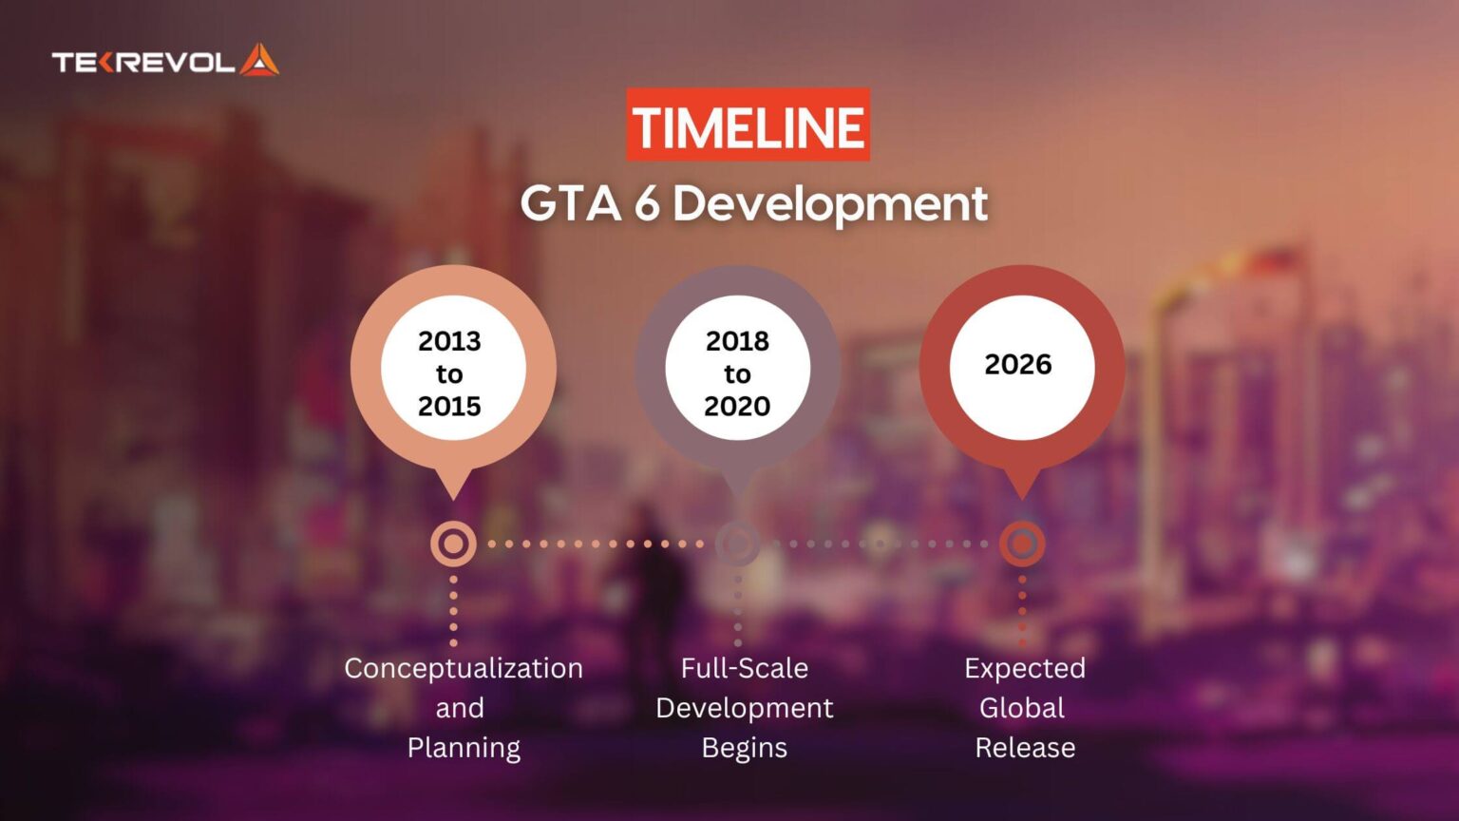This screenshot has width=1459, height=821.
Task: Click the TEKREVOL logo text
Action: click(x=142, y=63)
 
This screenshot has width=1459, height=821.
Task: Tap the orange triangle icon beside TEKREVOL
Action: click(x=259, y=60)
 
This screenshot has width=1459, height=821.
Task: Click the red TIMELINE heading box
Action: click(x=748, y=125)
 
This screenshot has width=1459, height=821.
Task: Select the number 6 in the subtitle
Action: click(x=647, y=203)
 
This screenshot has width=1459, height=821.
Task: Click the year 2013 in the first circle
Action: click(x=449, y=340)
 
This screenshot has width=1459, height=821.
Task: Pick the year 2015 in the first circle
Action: click(x=449, y=406)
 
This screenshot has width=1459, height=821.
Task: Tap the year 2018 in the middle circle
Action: click(x=737, y=340)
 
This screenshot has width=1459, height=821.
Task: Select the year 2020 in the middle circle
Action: click(x=737, y=406)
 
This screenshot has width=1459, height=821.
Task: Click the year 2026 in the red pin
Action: click(x=1018, y=364)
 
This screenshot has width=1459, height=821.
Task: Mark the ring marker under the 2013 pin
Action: click(x=453, y=544)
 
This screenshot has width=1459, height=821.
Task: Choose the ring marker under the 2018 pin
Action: click(x=737, y=544)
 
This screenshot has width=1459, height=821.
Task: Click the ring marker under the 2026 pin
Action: click(x=1022, y=544)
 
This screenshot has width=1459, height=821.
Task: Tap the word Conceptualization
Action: click(x=464, y=668)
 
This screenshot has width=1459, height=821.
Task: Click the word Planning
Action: click(x=464, y=748)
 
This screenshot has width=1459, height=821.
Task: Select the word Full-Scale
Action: click(x=744, y=668)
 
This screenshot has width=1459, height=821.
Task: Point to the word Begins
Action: click(x=744, y=748)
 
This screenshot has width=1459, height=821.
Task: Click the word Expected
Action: click(x=1025, y=668)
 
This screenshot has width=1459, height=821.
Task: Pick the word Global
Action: click(x=1022, y=708)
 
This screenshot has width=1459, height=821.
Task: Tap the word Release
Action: click(x=1025, y=748)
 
